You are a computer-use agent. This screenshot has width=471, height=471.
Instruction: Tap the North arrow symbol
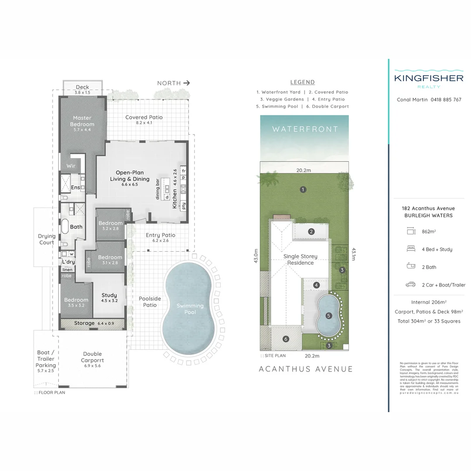(187, 83)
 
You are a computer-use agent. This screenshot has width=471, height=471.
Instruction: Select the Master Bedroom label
(82, 121)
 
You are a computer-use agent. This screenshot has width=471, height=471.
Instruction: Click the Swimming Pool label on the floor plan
(190, 309)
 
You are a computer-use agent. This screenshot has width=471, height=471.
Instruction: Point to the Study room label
(109, 295)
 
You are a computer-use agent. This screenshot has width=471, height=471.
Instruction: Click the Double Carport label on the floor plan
(92, 357)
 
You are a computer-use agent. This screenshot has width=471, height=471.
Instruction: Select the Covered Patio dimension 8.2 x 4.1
(143, 123)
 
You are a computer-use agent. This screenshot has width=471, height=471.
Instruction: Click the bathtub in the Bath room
(65, 227)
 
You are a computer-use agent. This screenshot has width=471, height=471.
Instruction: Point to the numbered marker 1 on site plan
(303, 189)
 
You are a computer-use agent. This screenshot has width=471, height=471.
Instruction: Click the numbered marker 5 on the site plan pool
(328, 315)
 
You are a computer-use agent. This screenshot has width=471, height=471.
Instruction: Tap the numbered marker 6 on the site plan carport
(286, 339)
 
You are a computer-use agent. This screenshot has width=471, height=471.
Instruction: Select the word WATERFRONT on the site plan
(305, 129)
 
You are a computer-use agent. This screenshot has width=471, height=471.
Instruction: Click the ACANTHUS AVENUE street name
(306, 369)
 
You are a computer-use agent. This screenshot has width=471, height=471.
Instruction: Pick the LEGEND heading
(302, 82)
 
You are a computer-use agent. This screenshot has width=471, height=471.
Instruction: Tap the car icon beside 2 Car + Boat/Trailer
(410, 285)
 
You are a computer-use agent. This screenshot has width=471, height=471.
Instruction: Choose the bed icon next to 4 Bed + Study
(410, 249)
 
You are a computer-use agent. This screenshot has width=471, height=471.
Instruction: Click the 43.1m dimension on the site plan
(354, 255)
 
